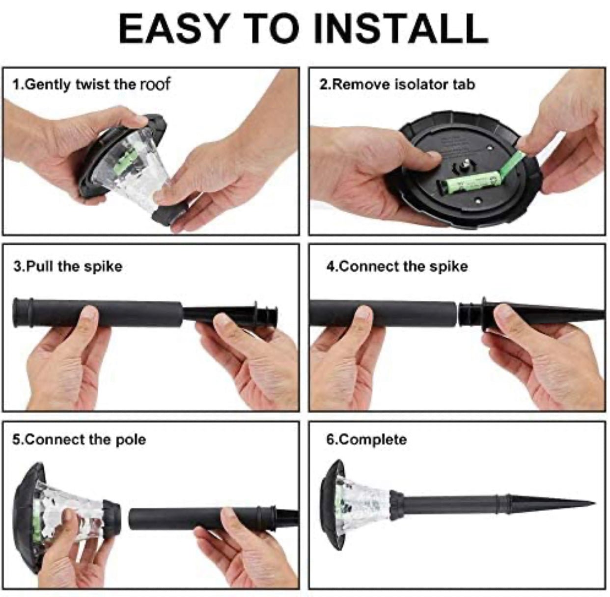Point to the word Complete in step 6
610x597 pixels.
click(x=374, y=440)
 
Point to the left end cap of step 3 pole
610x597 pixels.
click(x=23, y=313)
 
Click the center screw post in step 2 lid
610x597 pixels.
click(x=466, y=163)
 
